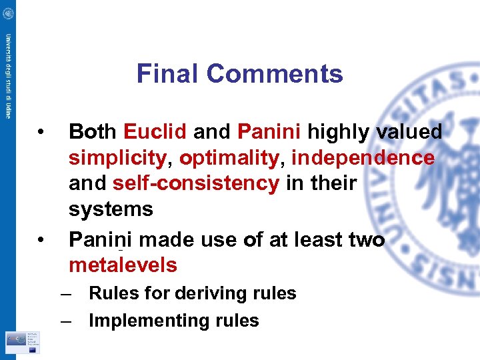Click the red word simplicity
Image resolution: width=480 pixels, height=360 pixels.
117,158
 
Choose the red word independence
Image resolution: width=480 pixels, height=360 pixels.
363,158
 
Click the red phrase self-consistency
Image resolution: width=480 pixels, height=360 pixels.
196,183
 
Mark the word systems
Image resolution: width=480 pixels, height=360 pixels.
111,209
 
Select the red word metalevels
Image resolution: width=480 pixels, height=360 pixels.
123,265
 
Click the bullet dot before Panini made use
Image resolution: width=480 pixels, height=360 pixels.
41,239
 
